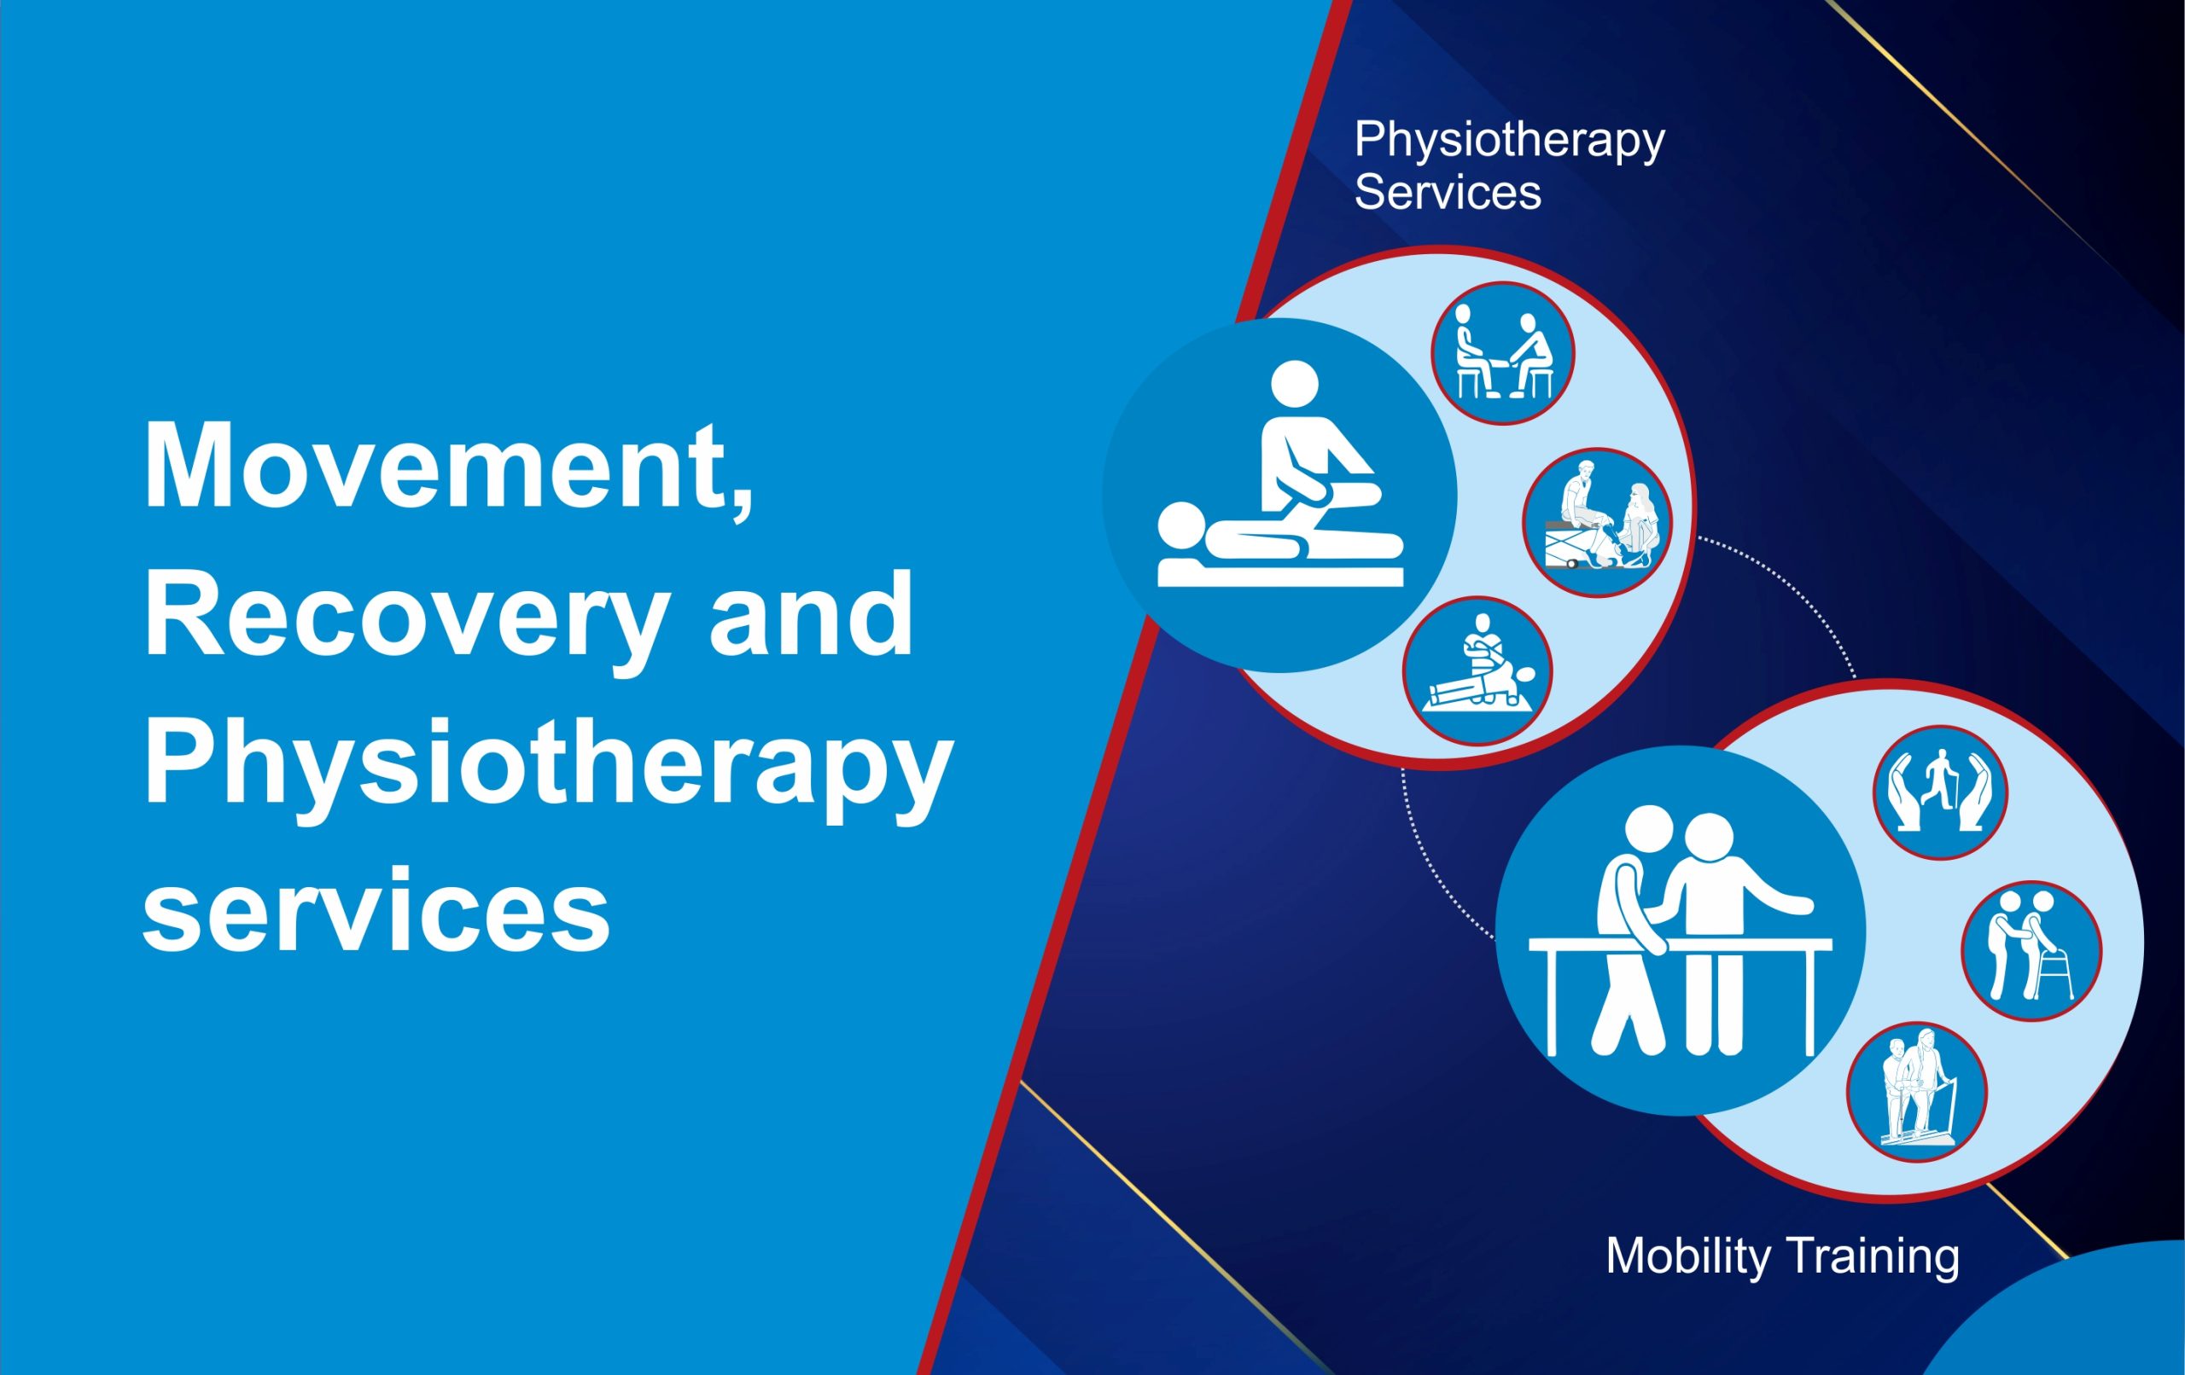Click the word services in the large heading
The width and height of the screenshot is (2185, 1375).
click(x=376, y=908)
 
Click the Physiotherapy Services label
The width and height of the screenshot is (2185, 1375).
click(x=1509, y=166)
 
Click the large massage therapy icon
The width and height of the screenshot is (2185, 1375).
click(x=1280, y=496)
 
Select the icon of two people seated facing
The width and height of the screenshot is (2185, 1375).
click(x=1503, y=353)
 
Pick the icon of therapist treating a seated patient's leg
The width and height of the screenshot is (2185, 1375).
click(x=1598, y=522)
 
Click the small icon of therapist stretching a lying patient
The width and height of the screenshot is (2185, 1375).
click(x=1477, y=671)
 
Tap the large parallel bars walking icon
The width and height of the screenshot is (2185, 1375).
click(x=1681, y=931)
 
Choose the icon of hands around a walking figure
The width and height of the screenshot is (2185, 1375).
click(x=1941, y=792)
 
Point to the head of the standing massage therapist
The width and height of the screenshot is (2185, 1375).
click(x=1295, y=385)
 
